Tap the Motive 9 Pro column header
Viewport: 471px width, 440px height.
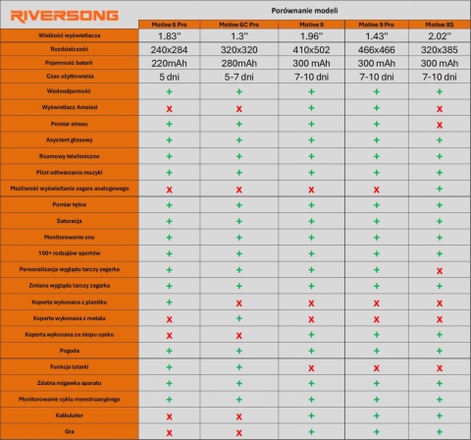point(375,22)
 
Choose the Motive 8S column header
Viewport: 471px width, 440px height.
point(439,22)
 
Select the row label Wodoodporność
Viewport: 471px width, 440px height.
point(69,90)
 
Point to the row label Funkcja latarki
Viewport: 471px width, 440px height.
point(69,365)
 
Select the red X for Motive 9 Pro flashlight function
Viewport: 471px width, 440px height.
point(375,365)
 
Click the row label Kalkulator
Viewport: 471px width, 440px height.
point(69,414)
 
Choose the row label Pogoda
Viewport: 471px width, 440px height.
point(69,350)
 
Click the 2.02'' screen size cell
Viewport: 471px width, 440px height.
point(439,36)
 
